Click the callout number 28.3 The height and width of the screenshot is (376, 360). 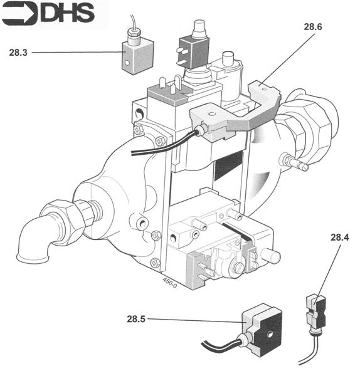[x=18, y=53]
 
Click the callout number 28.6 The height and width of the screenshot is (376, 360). [x=313, y=26]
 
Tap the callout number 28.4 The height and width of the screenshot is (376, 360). [x=340, y=237]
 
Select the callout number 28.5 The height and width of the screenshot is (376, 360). [x=136, y=319]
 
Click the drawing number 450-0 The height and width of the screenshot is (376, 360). [x=170, y=283]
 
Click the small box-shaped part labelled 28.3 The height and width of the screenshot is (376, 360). [x=137, y=55]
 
